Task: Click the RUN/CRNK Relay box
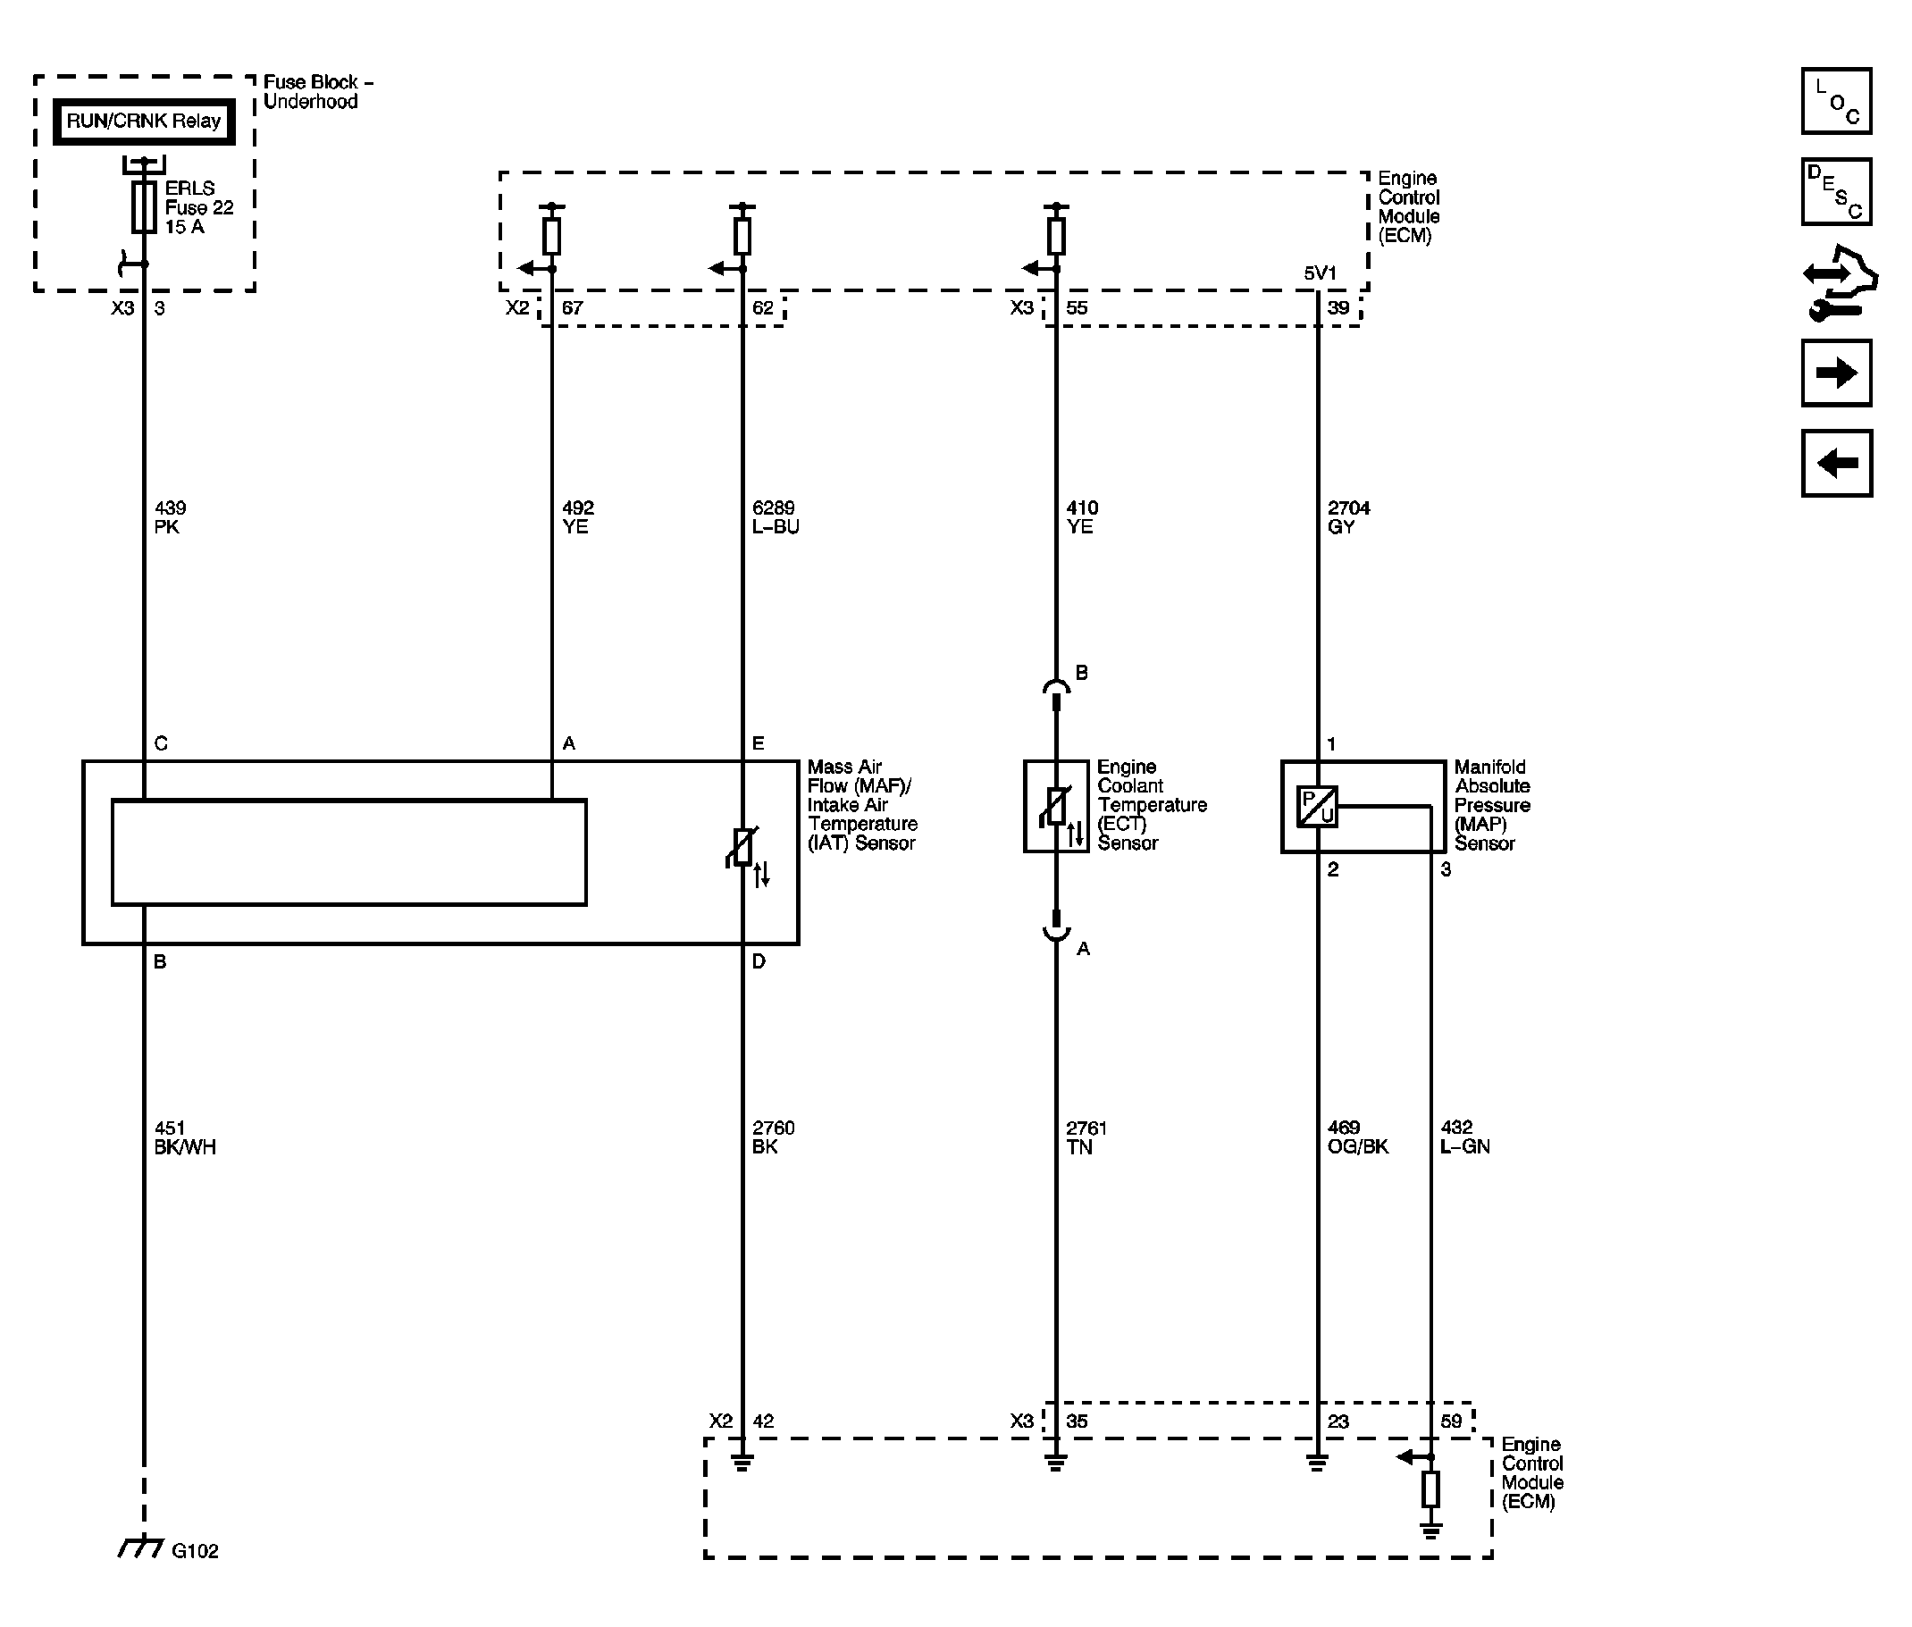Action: pyautogui.click(x=143, y=122)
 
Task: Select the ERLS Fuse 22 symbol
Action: pyautogui.click(x=143, y=206)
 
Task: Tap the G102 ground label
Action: pyautogui.click(x=195, y=1550)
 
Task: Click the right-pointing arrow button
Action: pyautogui.click(x=1835, y=373)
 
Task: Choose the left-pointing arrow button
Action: pyautogui.click(x=1835, y=463)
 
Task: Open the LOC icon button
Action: pyautogui.click(x=1835, y=101)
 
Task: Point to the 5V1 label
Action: pyautogui.click(x=1319, y=273)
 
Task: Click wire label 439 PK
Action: pyautogui.click(x=170, y=517)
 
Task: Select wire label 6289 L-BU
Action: pyautogui.click(x=776, y=517)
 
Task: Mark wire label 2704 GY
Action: pyautogui.click(x=1348, y=517)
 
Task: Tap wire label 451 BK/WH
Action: pyautogui.click(x=185, y=1137)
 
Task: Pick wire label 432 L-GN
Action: pyautogui.click(x=1464, y=1137)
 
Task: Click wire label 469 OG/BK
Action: pyautogui.click(x=1358, y=1137)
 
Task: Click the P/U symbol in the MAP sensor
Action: pyautogui.click(x=1317, y=807)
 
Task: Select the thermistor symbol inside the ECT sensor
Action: pyautogui.click(x=1055, y=807)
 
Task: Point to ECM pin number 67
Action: pyautogui.click(x=572, y=308)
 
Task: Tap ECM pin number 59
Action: pyautogui.click(x=1451, y=1422)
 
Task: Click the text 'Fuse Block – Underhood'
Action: pyautogui.click(x=318, y=92)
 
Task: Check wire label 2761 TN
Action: pyautogui.click(x=1086, y=1137)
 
